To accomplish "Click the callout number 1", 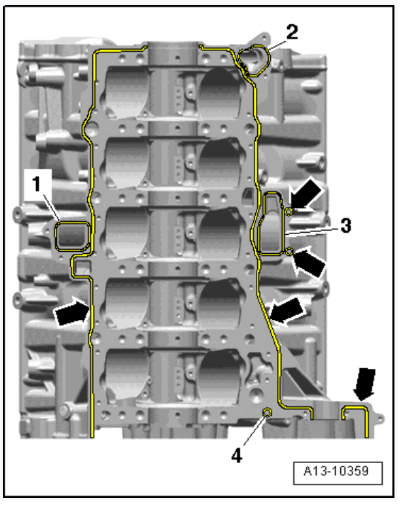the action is point(36,184).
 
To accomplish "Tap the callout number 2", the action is point(292,32).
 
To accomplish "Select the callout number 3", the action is point(345,226).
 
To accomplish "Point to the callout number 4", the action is point(237,456).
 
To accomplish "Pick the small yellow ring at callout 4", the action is point(267,411).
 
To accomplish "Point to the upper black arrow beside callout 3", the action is point(305,194).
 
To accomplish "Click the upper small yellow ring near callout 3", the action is point(289,211).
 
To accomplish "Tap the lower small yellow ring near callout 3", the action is point(289,251).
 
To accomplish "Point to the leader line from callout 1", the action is point(52,207).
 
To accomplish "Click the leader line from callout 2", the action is point(278,45).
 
